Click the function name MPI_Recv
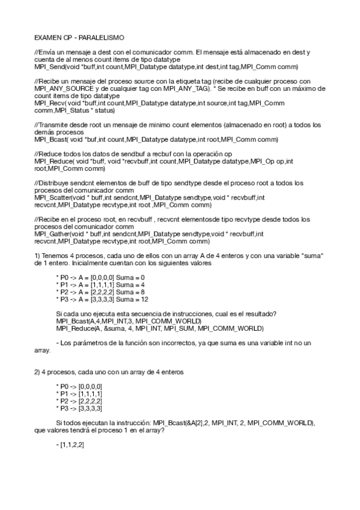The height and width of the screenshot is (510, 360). (49, 103)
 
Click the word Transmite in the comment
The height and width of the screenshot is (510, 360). (53, 125)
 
